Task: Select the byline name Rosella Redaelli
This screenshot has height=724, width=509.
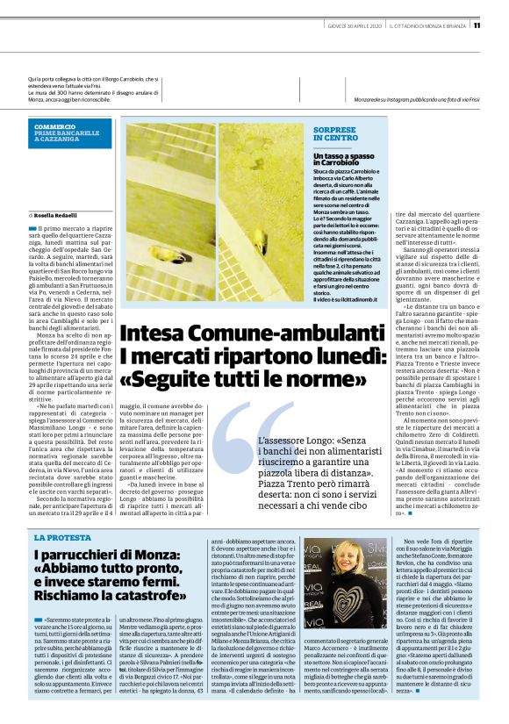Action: [56, 215]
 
